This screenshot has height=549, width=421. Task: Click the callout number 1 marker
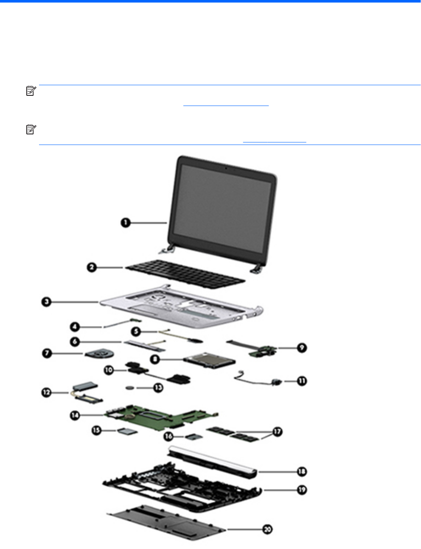coord(125,222)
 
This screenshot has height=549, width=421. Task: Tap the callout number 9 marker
coord(301,348)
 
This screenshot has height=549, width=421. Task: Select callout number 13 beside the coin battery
coord(158,387)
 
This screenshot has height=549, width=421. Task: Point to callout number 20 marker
coord(267,529)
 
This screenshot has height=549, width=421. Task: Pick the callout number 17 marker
coord(277,432)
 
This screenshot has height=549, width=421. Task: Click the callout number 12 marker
coord(46,393)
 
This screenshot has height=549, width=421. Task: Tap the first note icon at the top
coord(30,91)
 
